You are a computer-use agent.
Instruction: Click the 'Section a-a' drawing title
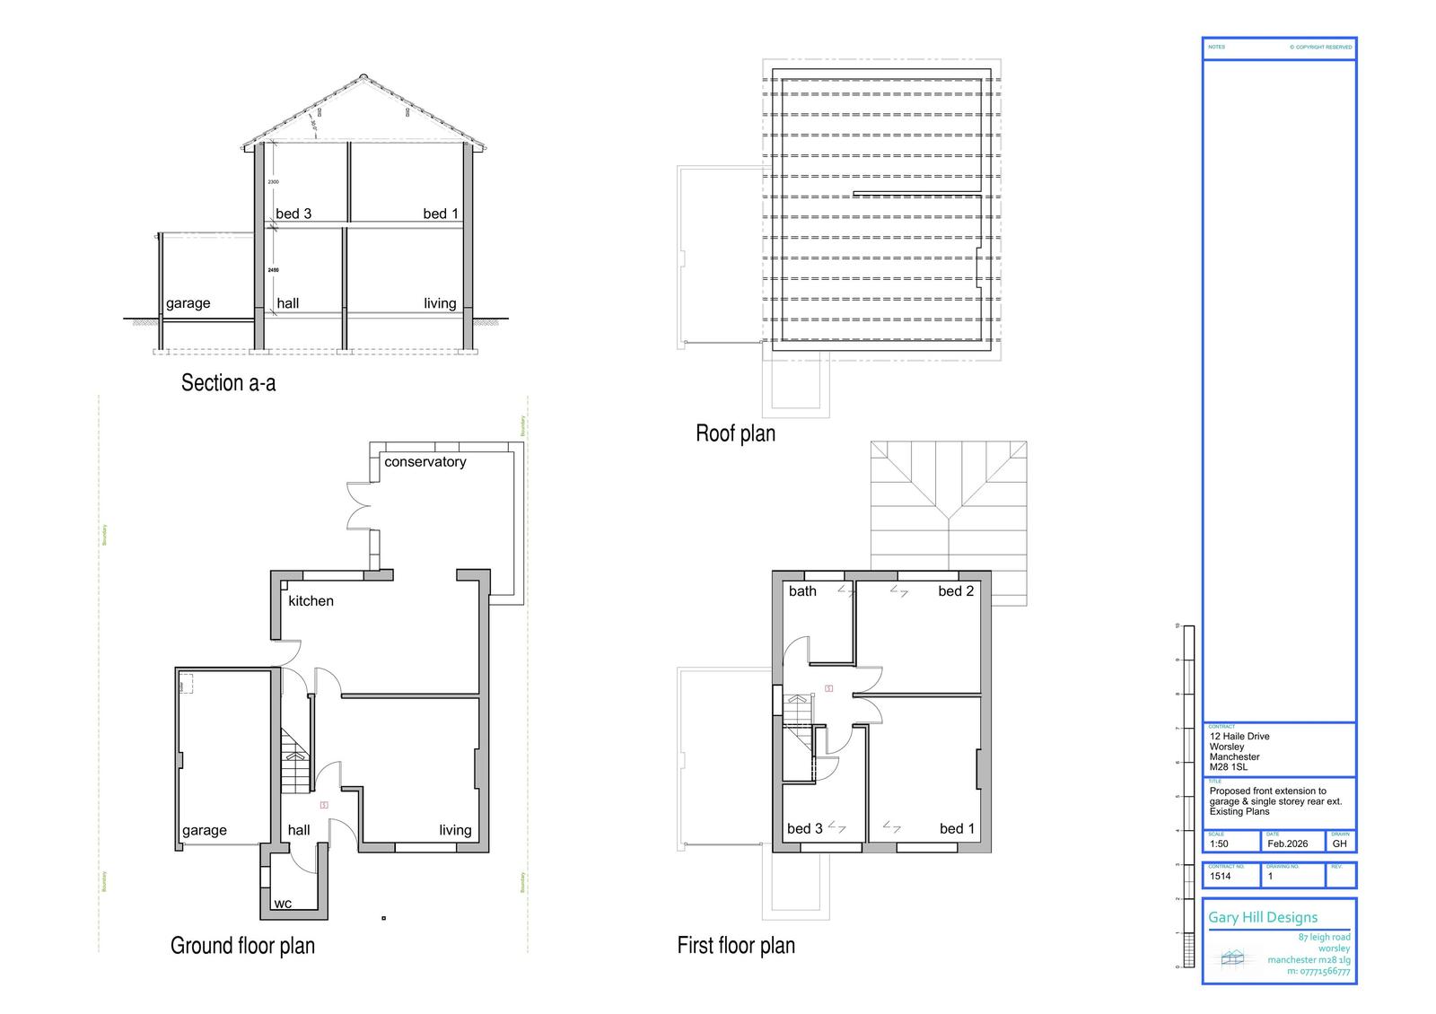228,383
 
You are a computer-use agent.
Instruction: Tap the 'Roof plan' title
735,433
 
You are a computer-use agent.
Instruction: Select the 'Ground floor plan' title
242,945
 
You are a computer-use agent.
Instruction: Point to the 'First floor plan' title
736,945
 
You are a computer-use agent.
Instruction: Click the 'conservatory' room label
425,461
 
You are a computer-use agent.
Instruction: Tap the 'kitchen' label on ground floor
311,600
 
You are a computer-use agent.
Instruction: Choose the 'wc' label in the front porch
283,903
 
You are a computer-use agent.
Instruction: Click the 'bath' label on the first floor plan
802,590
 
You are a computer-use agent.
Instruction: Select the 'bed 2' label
956,590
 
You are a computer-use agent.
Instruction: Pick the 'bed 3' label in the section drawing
293,213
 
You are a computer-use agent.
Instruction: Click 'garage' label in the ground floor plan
205,830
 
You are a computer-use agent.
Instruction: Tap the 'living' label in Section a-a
440,303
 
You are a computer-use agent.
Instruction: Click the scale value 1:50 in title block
1219,844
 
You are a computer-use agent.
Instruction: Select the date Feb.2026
1287,844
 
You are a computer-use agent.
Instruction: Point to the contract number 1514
1221,876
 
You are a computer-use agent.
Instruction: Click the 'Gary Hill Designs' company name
1263,917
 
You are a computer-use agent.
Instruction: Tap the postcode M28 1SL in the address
1229,767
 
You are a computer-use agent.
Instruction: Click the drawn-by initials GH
1339,844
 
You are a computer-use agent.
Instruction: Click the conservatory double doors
359,507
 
